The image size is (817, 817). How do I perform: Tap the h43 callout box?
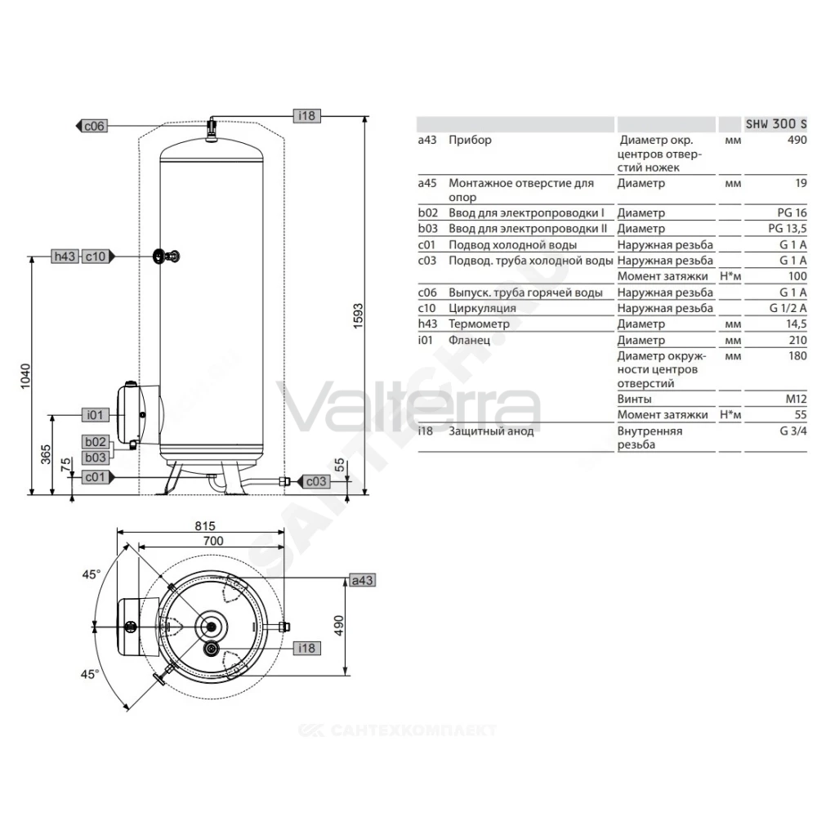click(65, 257)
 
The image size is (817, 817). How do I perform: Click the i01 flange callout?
click(96, 415)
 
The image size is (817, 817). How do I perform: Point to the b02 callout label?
click(96, 442)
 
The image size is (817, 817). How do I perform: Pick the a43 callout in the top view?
click(362, 580)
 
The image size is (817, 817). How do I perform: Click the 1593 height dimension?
click(358, 315)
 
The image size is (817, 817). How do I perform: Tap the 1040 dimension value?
click(25, 376)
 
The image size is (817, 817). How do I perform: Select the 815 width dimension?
click(205, 525)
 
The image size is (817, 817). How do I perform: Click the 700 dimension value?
click(213, 541)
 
